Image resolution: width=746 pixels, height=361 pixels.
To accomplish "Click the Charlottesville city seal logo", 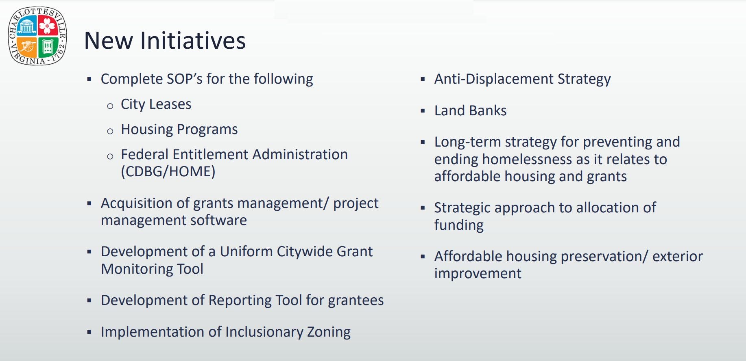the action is coord(37,36).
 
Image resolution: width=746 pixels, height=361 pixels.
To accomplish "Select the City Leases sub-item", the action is coord(156,104).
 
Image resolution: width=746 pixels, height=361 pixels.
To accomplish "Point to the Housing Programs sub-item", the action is coord(179,130).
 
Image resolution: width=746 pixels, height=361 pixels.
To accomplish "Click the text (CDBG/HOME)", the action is coord(168,171).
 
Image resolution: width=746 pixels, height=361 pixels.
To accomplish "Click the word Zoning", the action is coord(328,332).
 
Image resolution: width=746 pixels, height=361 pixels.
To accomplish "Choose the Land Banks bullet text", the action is coord(470,110).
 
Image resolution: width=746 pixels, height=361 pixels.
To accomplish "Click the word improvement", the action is coord(478,274).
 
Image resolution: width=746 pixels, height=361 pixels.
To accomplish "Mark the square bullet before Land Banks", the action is coord(423,111).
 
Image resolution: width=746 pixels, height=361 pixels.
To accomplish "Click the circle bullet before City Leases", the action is coord(110,106).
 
